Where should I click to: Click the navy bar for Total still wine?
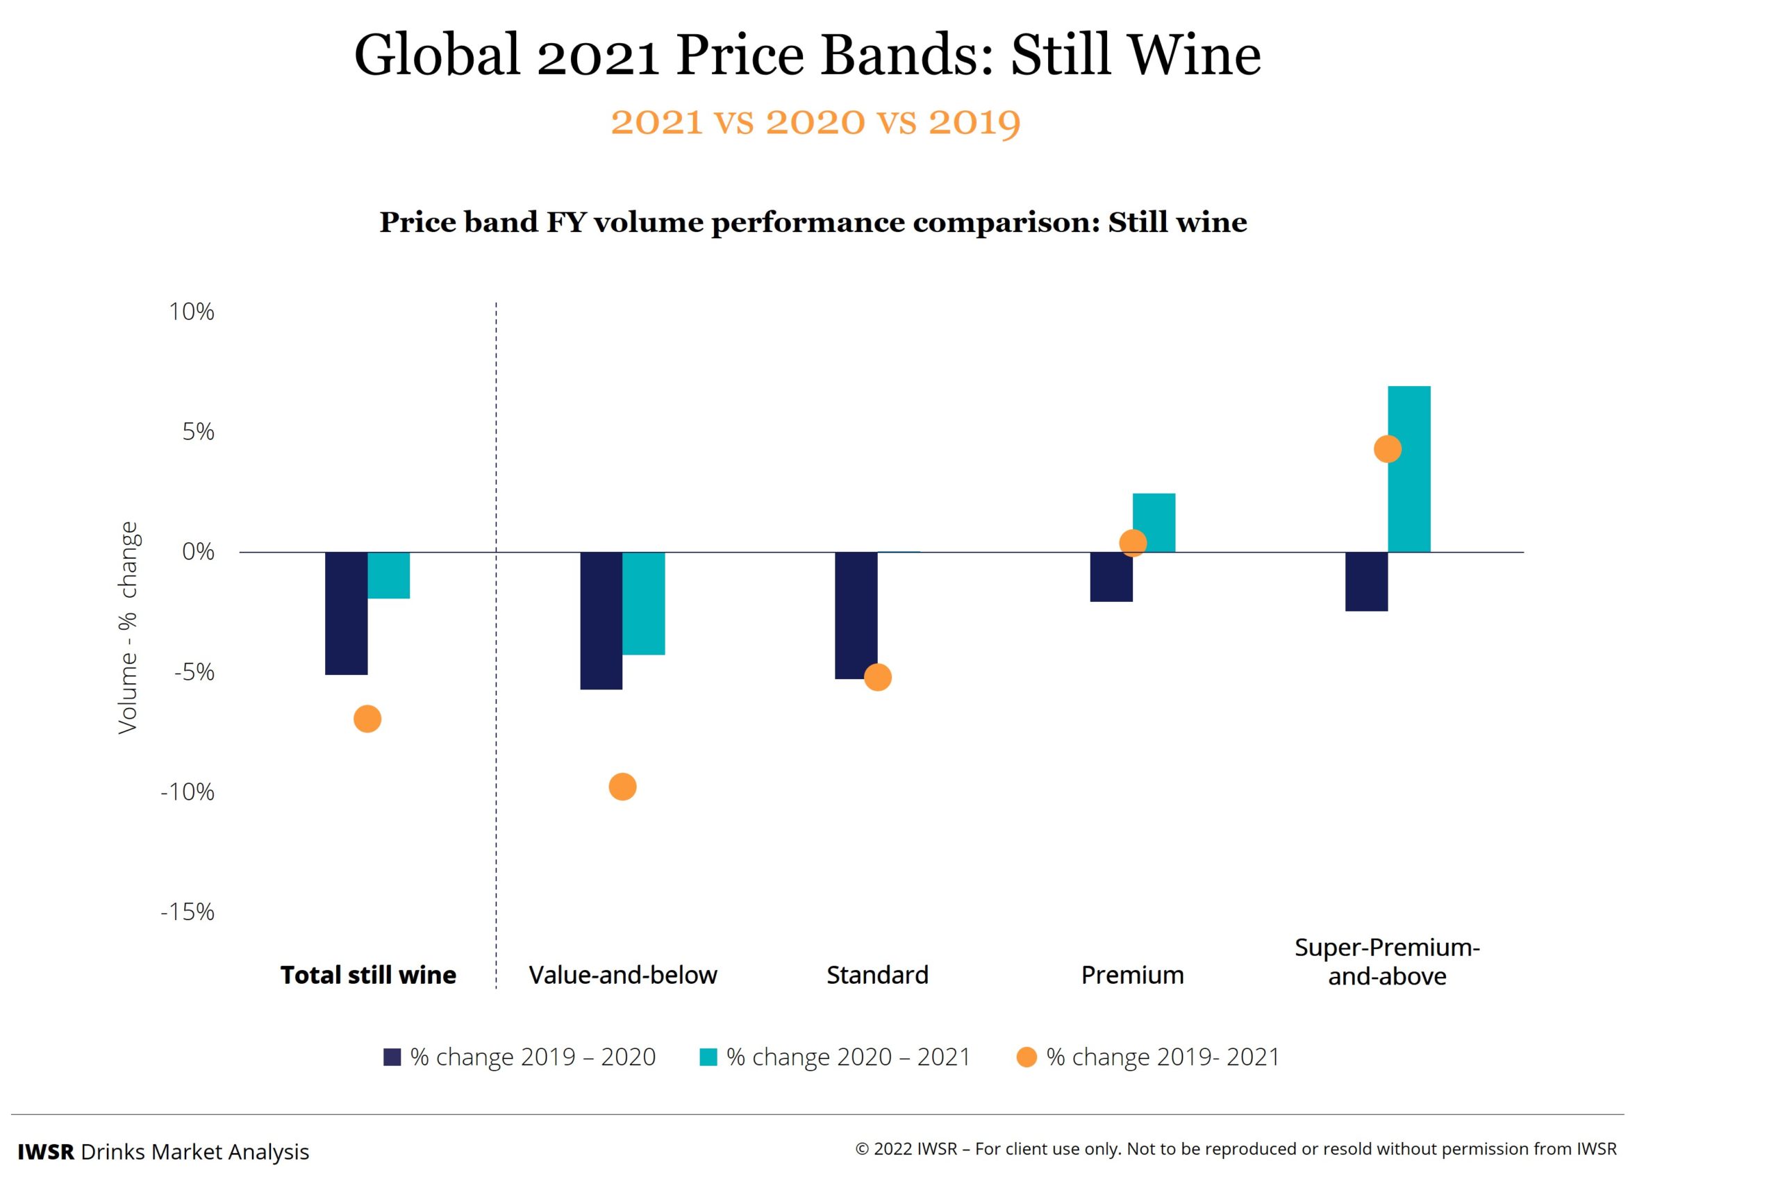(346, 613)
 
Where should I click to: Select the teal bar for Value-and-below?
(643, 603)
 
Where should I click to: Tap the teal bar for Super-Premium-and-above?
(1409, 469)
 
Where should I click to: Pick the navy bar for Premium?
(1111, 577)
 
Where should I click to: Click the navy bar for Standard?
(856, 615)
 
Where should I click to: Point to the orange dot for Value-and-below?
(622, 787)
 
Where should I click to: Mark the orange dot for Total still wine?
(367, 719)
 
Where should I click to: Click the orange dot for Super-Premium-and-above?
(1387, 450)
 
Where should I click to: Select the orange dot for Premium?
(1132, 543)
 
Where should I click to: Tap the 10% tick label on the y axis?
(192, 312)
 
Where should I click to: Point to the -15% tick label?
(188, 912)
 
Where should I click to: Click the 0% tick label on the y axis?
(198, 552)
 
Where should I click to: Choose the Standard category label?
(877, 975)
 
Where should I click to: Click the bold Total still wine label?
(368, 975)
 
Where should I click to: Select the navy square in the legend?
(392, 1057)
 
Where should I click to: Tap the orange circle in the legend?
(1026, 1057)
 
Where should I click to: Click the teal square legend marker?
(708, 1057)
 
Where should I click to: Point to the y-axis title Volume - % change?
(128, 628)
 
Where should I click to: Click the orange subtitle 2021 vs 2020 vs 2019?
(815, 122)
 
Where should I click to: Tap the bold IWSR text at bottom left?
(46, 1152)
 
